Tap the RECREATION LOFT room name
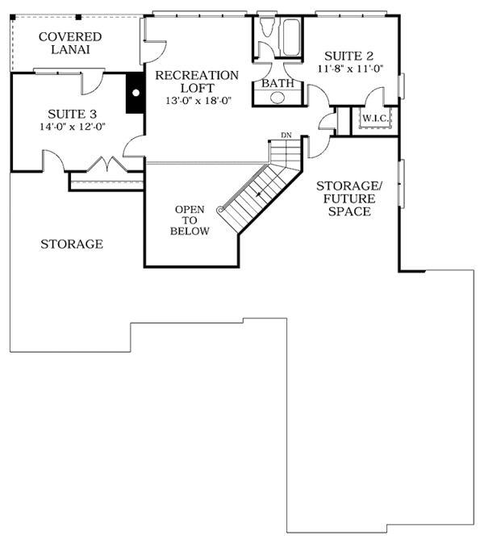[x=197, y=81]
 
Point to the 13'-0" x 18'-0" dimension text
[x=197, y=102]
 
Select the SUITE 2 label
[x=348, y=56]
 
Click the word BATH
[x=277, y=83]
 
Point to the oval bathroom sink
[x=277, y=98]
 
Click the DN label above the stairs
[x=286, y=134]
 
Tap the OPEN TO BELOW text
[x=190, y=220]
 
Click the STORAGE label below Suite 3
[x=72, y=244]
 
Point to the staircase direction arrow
[x=258, y=193]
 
